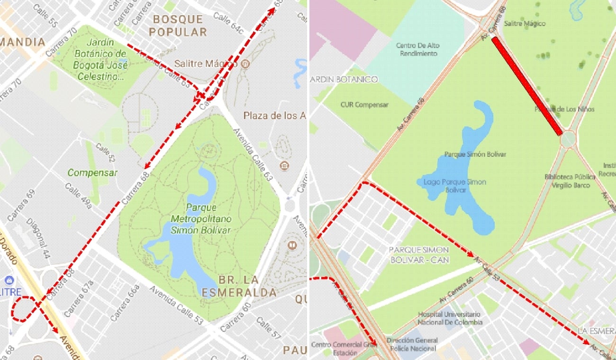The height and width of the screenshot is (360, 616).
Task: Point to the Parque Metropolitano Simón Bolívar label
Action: pyautogui.click(x=201, y=219)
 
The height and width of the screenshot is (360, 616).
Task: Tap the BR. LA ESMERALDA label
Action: pyautogui.click(x=239, y=286)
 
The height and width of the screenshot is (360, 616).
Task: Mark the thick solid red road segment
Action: pyautogui.click(x=527, y=86)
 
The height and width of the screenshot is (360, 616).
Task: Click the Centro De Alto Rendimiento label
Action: pyautogui.click(x=417, y=49)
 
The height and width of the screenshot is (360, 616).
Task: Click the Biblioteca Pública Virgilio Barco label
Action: pyautogui.click(x=570, y=181)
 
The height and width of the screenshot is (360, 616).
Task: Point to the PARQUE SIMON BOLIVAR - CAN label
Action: pyautogui.click(x=418, y=254)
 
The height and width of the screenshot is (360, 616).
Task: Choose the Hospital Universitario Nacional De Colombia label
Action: pyautogui.click(x=449, y=318)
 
